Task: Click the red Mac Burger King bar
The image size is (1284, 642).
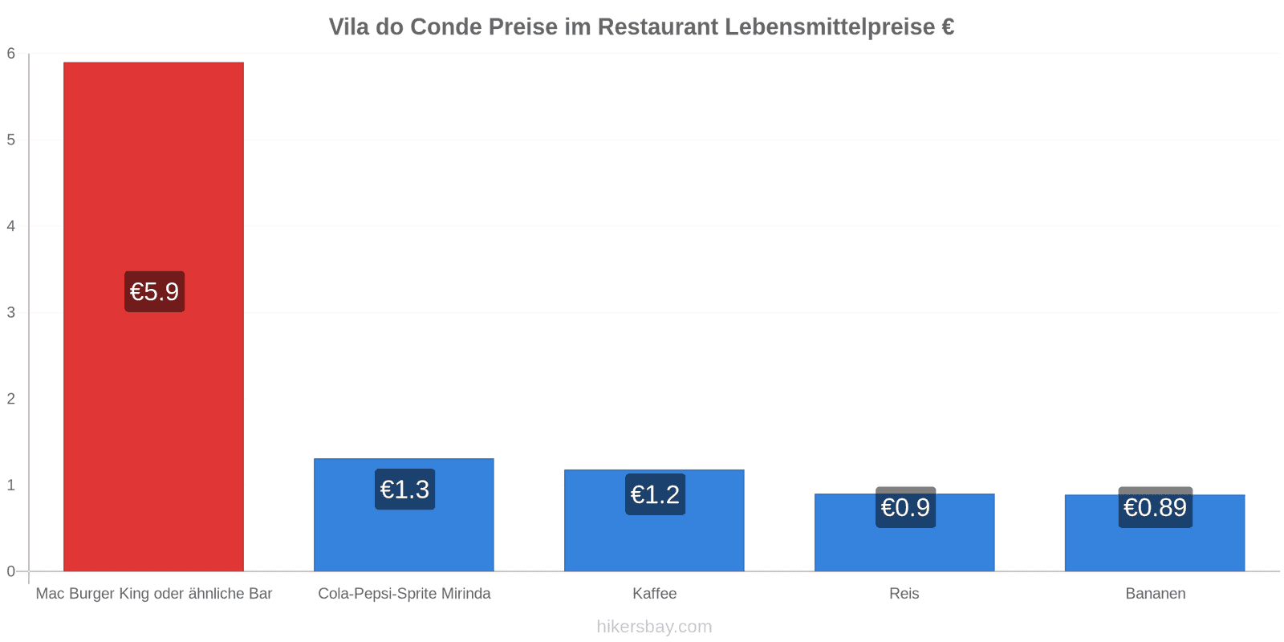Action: coord(153,316)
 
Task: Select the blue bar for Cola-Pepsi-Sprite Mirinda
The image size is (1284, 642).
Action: coord(404,514)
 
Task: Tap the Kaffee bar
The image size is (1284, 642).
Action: coord(654,521)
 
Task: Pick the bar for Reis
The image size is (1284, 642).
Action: coord(904,533)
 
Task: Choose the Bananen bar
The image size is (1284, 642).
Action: coord(1155,533)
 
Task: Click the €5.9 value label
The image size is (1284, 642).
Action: coord(155,292)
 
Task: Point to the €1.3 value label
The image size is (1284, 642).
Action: coord(404,490)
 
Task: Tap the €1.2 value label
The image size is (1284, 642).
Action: coord(655,494)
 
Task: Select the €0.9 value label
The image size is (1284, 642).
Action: coord(906,507)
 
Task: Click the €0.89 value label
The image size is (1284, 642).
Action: coord(1156,507)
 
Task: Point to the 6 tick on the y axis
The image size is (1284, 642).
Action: coord(11,53)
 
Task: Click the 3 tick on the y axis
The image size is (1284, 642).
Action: coord(11,312)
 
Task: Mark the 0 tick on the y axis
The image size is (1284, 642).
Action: coord(11,571)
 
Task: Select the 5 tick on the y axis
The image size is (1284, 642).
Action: coord(11,140)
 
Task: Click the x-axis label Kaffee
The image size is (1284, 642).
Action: coord(655,593)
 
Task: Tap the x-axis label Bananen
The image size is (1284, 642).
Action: coord(1156,593)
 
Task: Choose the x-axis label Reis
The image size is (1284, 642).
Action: coord(904,593)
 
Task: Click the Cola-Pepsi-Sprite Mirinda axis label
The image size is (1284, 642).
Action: coord(404,593)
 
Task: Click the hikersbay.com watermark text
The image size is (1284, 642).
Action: coord(655,627)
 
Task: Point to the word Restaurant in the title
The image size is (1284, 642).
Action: coord(657,27)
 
